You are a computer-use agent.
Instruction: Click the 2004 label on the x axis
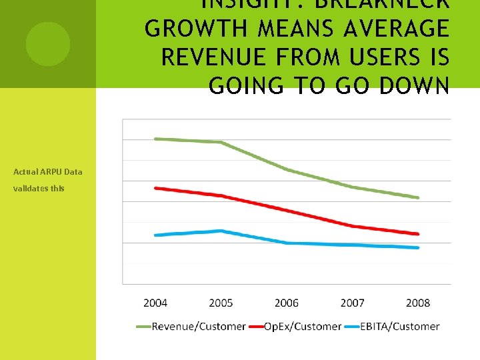[155, 303]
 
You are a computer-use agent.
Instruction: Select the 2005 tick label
[221, 303]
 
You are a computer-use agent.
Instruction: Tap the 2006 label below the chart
[287, 303]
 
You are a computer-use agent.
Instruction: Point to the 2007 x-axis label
[352, 303]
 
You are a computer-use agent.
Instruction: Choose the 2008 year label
[418, 303]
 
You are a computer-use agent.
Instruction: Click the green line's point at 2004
[155, 139]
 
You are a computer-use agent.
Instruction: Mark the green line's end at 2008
[418, 197]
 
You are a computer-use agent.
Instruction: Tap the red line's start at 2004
[155, 188]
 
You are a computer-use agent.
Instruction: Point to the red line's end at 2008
[418, 234]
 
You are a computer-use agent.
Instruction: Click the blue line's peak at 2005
[221, 231]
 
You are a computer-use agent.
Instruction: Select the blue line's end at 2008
[418, 247]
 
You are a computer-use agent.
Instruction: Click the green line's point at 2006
[287, 169]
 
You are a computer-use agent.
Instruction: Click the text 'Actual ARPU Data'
[48, 171]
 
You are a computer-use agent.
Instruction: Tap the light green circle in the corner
[48, 44]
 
